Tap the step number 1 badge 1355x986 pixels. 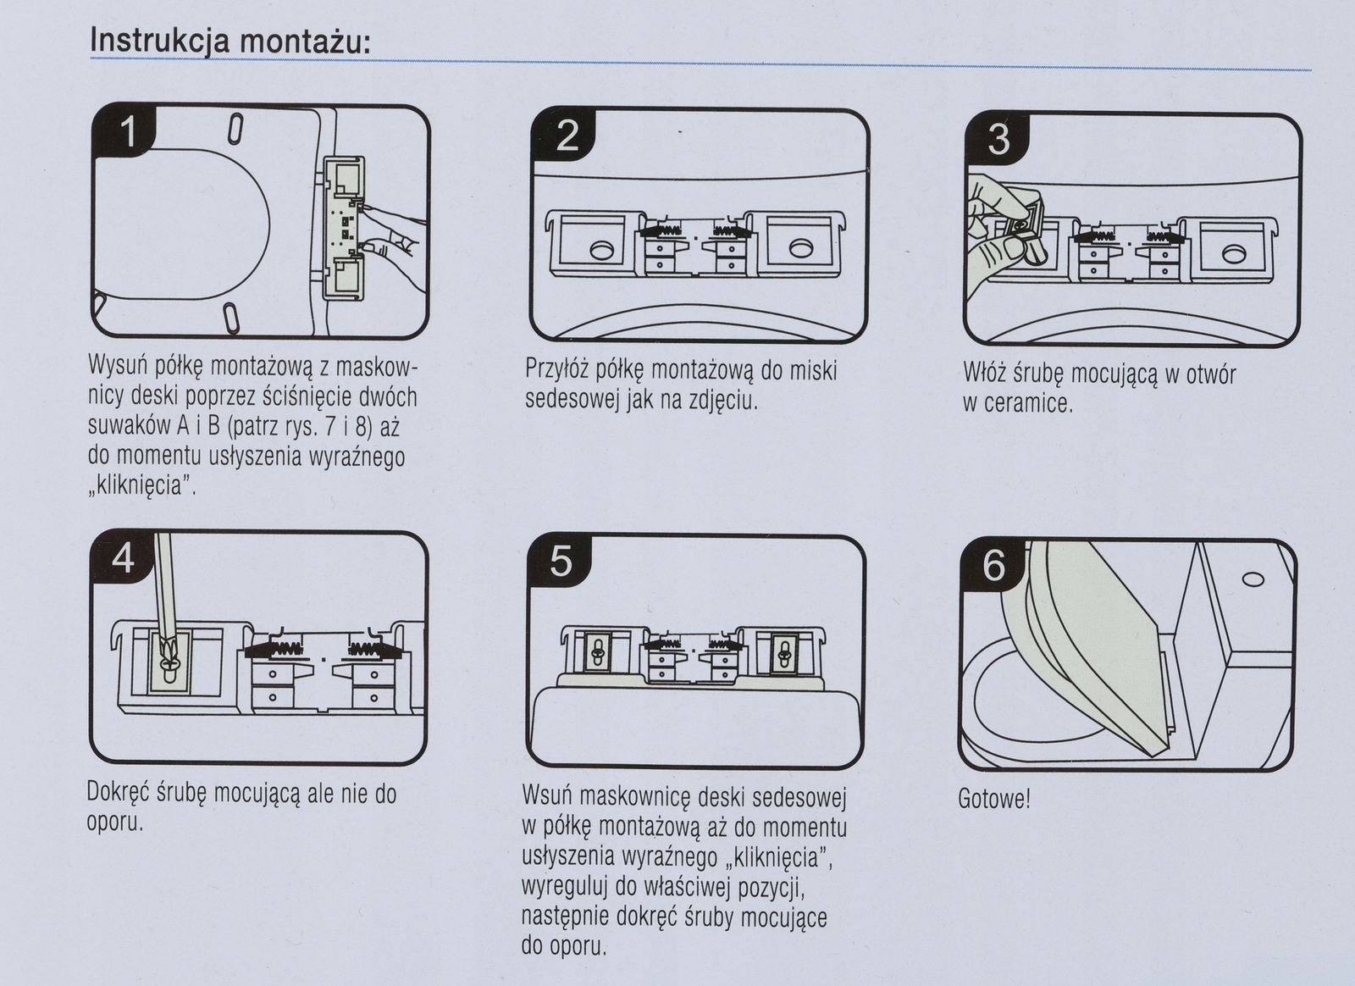(129, 132)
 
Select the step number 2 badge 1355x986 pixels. (567, 136)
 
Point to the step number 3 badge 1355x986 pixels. (999, 139)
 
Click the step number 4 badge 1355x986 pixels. (124, 558)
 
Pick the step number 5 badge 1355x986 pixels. (561, 562)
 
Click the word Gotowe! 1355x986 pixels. (994, 799)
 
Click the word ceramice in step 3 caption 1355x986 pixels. (1030, 403)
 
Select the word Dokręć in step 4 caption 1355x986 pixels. (119, 794)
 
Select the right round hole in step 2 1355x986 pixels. (799, 248)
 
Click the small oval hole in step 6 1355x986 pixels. (1252, 579)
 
